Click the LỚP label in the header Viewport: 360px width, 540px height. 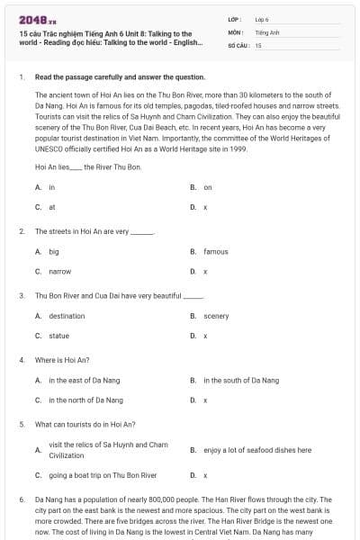pos(235,19)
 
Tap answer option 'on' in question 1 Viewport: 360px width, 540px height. pos(208,187)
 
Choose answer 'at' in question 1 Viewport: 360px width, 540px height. pos(52,207)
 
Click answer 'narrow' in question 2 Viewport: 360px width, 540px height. pos(59,271)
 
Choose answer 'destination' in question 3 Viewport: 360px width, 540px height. pos(67,316)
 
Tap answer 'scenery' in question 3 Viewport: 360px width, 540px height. pos(216,316)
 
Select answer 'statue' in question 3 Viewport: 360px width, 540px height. pos(58,336)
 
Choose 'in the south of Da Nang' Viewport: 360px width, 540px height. pos(241,381)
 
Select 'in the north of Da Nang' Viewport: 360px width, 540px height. pos(85,400)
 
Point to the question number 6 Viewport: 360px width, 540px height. pos(21,499)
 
